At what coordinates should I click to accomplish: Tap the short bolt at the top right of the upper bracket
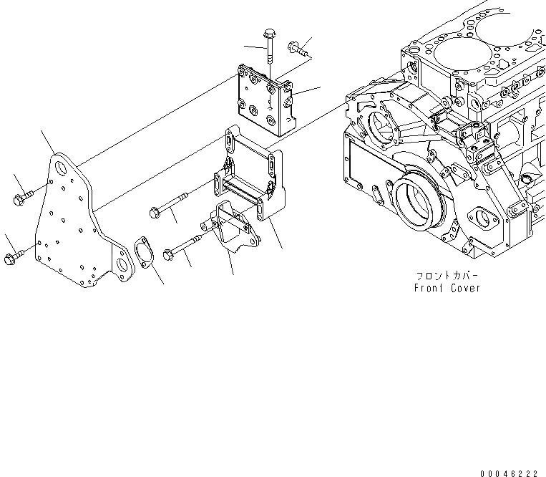pyautogui.click(x=297, y=49)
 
